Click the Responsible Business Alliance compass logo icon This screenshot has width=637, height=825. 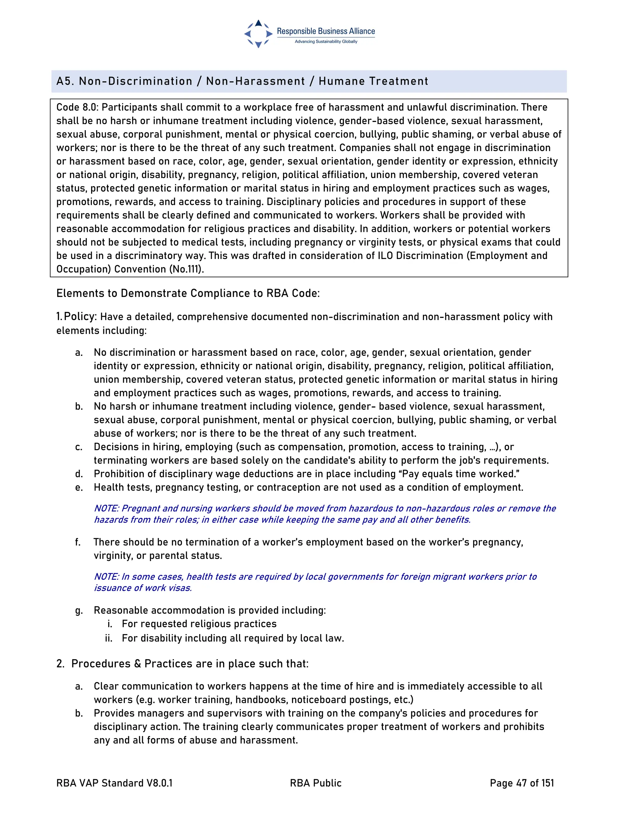pos(258,34)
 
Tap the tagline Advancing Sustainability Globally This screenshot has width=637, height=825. pos(326,41)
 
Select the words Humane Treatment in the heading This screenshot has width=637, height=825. pos(373,81)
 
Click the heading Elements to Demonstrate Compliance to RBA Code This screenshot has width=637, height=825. pos(188,293)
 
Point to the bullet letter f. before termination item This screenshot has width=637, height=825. pos(78,542)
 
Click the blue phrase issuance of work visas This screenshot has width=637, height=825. pos(143,588)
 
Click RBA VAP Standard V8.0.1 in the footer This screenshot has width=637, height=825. pos(114,783)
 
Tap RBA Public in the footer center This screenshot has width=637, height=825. pos(315,783)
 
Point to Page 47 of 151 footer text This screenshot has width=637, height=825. pos(522,783)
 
